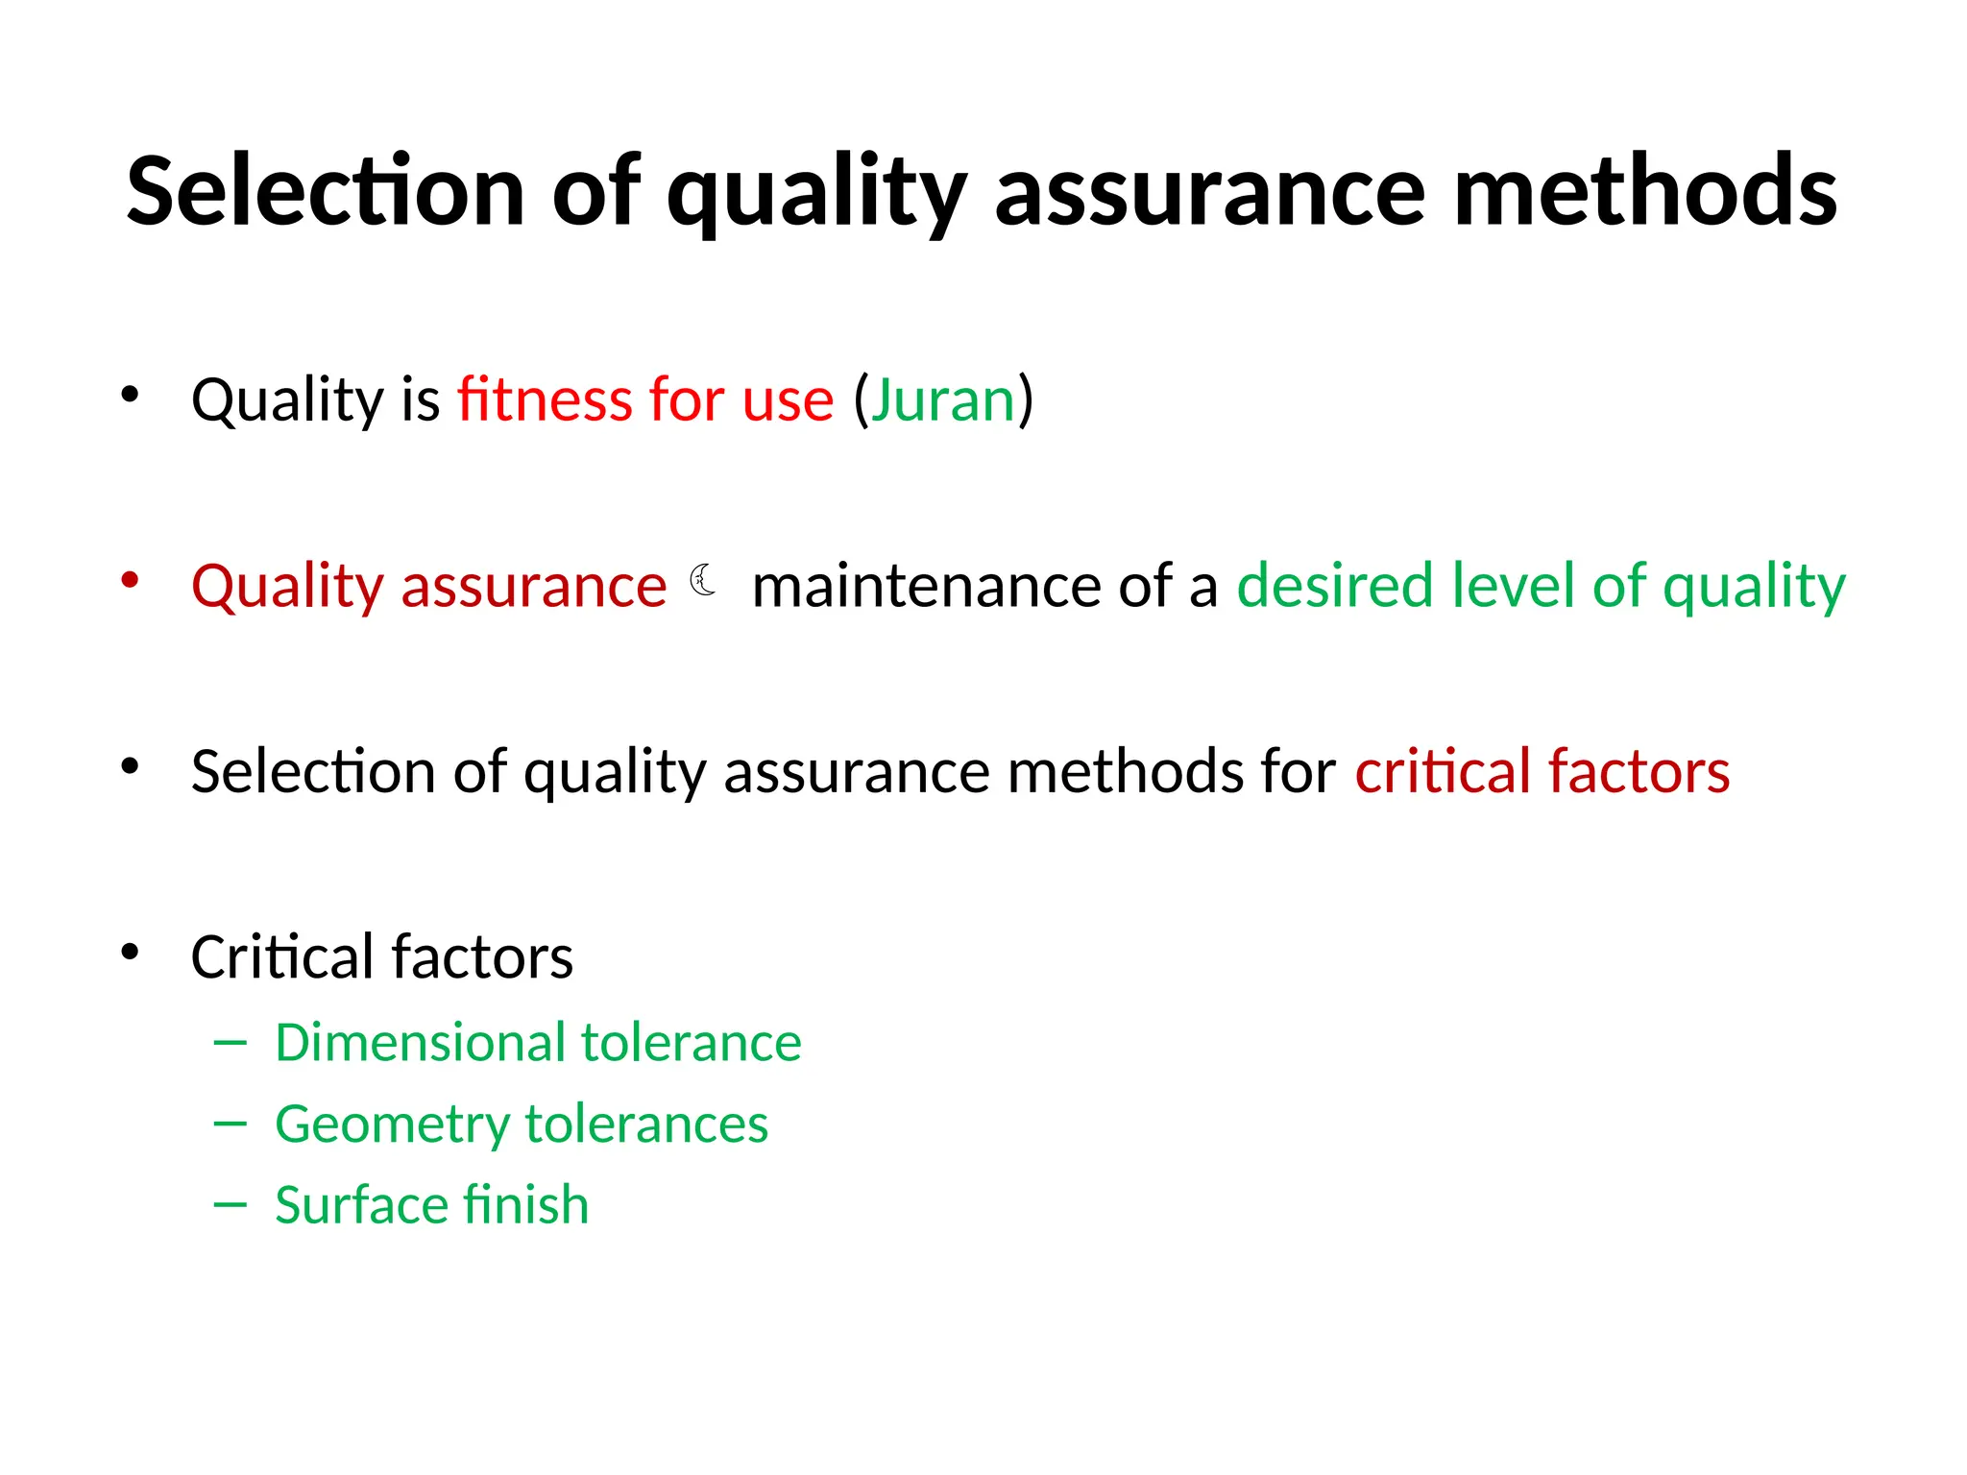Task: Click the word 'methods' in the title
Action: click(x=1645, y=192)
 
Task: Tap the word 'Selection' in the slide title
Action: click(x=325, y=192)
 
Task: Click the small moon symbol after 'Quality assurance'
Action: click(x=704, y=580)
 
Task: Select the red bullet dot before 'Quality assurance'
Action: click(x=130, y=580)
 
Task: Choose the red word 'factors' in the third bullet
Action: click(x=1639, y=771)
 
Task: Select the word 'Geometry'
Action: click(x=392, y=1125)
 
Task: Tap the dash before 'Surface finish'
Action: click(x=231, y=1204)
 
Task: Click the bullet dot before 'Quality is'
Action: click(x=130, y=395)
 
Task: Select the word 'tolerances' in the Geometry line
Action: click(x=646, y=1124)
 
